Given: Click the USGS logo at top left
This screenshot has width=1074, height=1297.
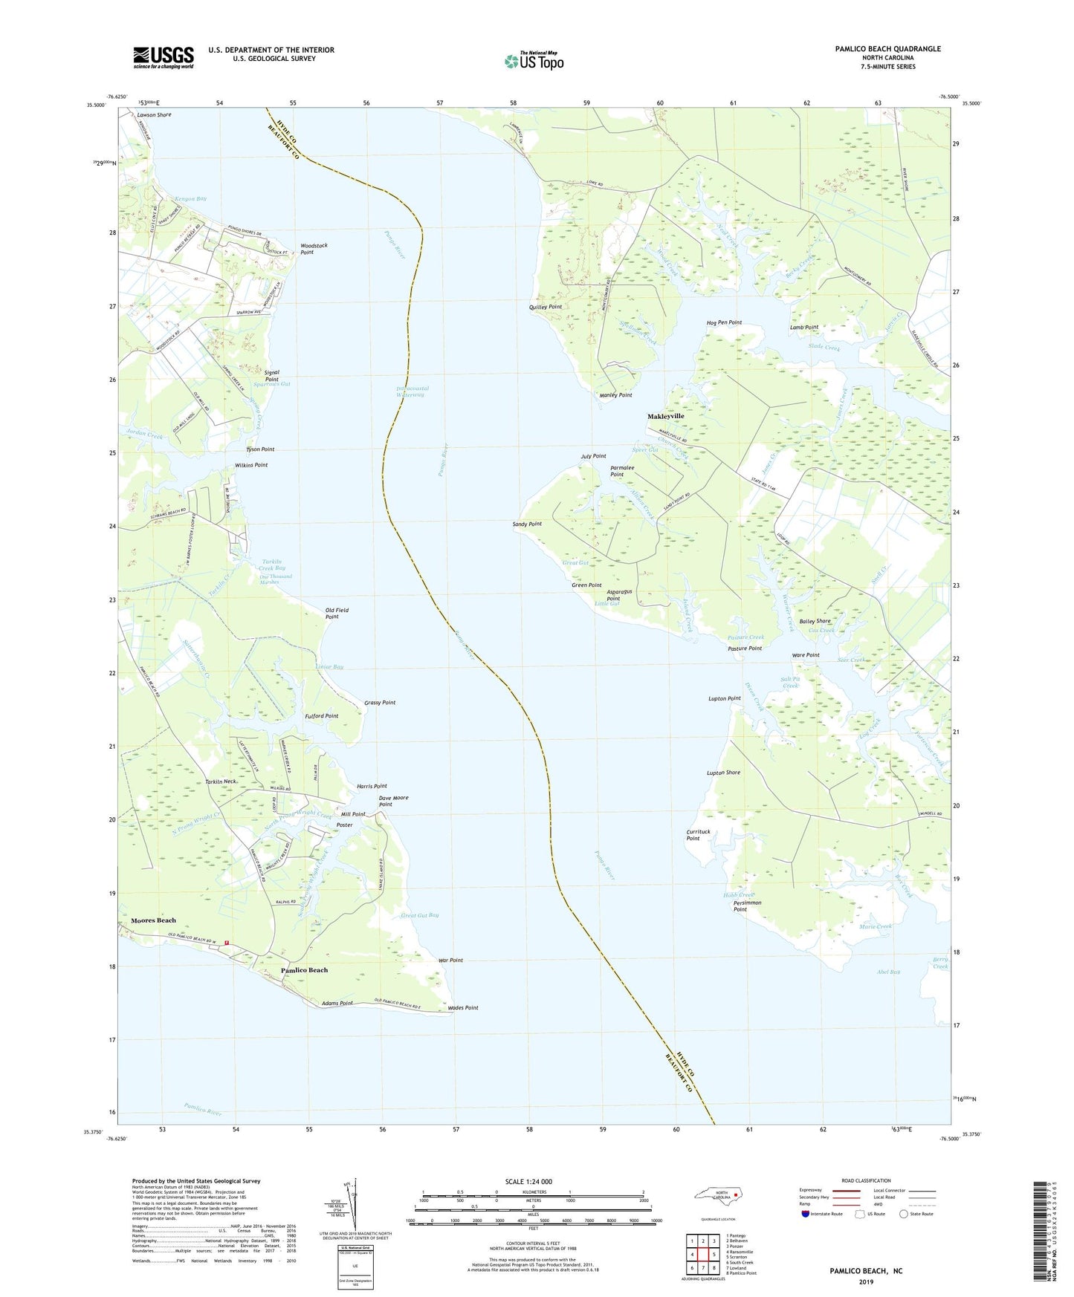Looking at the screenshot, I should (164, 57).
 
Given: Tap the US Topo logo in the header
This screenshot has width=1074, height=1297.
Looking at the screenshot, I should (534, 61).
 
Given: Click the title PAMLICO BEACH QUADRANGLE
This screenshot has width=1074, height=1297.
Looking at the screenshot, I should (887, 49).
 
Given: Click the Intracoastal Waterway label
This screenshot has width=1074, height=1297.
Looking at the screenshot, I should (413, 391).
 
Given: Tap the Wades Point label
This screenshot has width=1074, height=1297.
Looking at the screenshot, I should (463, 1008).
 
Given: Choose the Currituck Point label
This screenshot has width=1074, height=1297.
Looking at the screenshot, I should (693, 835).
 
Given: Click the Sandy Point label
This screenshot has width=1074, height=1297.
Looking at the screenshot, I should (527, 524).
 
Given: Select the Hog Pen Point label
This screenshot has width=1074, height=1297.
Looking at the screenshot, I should (724, 322).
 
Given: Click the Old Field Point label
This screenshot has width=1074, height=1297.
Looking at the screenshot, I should (337, 614).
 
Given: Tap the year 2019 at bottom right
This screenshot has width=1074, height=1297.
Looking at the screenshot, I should (866, 1281).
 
